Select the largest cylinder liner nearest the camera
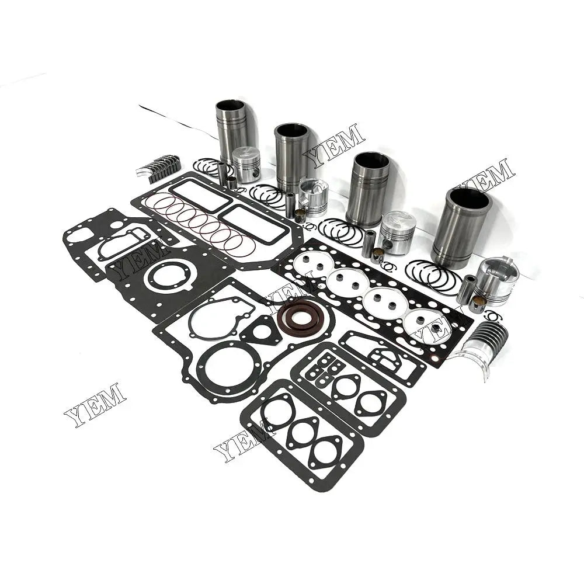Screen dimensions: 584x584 469,225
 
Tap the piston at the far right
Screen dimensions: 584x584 496,280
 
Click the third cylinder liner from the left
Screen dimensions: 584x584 368,188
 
